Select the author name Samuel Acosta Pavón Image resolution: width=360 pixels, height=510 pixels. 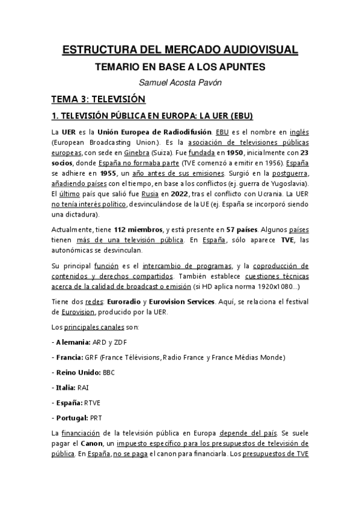click(x=180, y=83)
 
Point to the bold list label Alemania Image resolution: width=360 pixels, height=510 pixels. click(x=69, y=342)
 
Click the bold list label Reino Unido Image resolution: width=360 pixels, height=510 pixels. click(x=76, y=372)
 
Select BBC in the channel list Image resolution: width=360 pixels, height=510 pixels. click(x=109, y=372)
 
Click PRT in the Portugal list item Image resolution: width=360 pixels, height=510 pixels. click(x=96, y=417)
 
